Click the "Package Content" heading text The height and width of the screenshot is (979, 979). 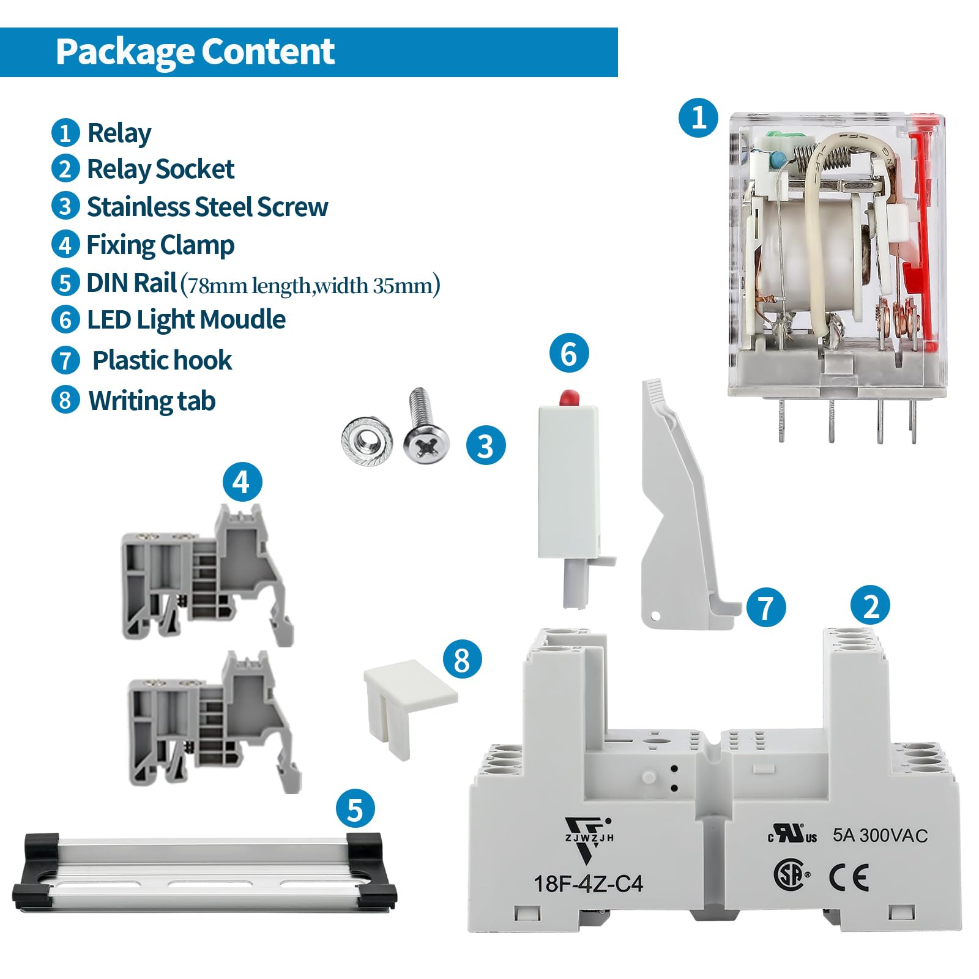click(x=195, y=51)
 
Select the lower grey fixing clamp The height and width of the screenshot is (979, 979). click(x=214, y=723)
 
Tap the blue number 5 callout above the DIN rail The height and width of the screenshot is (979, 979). click(x=355, y=809)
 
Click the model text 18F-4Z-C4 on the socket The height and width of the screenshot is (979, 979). click(x=588, y=884)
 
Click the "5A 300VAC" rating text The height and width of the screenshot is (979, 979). click(x=880, y=835)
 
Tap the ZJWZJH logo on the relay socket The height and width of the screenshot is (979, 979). click(x=589, y=839)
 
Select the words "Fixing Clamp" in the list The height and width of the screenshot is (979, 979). click(x=160, y=245)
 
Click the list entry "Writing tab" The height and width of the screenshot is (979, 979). click(x=152, y=401)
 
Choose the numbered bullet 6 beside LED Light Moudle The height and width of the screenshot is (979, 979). click(x=65, y=319)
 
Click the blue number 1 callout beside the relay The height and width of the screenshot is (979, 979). click(x=699, y=117)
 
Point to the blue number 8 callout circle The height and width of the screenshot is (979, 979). click(x=462, y=660)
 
